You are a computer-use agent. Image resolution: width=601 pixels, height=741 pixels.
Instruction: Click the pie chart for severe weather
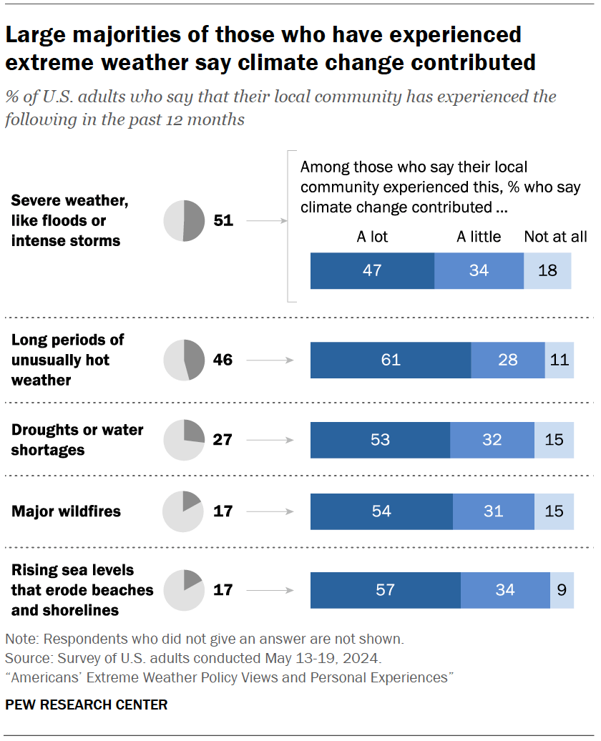pyautogui.click(x=184, y=220)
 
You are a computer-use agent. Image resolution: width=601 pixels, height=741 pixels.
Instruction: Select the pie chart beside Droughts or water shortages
pyautogui.click(x=184, y=439)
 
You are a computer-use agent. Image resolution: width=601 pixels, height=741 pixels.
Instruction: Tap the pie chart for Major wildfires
pyautogui.click(x=184, y=511)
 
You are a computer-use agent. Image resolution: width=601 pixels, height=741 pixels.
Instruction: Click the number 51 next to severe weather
pyautogui.click(x=223, y=220)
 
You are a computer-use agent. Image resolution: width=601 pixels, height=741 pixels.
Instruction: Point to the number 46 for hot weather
pyautogui.click(x=223, y=359)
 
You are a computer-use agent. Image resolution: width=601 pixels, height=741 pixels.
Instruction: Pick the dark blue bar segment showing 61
pyautogui.click(x=391, y=359)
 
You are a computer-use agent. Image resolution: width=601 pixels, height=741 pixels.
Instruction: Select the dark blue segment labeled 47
pyautogui.click(x=372, y=270)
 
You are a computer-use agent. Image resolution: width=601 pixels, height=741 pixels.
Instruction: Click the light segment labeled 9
pyautogui.click(x=562, y=590)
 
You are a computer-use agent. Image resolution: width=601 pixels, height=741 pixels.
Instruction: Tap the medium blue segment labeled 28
pyautogui.click(x=507, y=359)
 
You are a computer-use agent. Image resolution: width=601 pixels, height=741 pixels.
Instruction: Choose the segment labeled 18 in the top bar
pyautogui.click(x=547, y=270)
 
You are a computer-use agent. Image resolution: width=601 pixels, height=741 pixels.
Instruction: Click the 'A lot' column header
pyautogui.click(x=372, y=237)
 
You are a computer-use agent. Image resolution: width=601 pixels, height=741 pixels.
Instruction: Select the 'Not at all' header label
pyautogui.click(x=555, y=237)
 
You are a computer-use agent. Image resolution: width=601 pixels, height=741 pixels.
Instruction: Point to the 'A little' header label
pyautogui.click(x=479, y=237)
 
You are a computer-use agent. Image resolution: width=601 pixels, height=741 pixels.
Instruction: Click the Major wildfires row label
pyautogui.click(x=66, y=511)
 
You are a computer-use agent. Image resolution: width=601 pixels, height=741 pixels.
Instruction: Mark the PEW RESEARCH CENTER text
pyautogui.click(x=87, y=705)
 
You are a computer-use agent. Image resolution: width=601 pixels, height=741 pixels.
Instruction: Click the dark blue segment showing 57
pyautogui.click(x=386, y=590)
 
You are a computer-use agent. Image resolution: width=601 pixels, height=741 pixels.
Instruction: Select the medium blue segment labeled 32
pyautogui.click(x=492, y=439)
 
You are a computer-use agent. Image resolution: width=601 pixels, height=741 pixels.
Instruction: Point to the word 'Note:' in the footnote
pyautogui.click(x=22, y=638)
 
